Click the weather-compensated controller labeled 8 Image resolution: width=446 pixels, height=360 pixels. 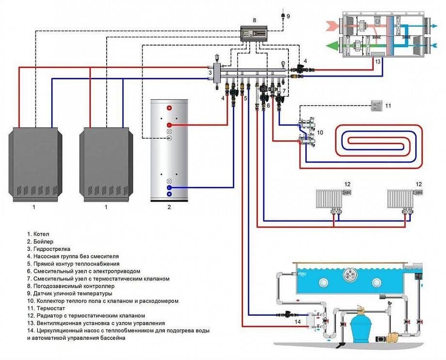(x=255, y=34)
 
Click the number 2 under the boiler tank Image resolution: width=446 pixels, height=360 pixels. (x=169, y=207)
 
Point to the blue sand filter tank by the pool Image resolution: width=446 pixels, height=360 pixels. (x=359, y=326)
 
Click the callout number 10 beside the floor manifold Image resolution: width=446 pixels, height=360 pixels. (x=319, y=132)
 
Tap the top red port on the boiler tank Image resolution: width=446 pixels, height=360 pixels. (x=169, y=108)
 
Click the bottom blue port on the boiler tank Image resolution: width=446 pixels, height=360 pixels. (x=169, y=194)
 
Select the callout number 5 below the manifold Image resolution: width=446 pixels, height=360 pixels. (x=246, y=98)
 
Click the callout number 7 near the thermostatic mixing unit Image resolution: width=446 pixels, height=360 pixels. (x=284, y=91)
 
